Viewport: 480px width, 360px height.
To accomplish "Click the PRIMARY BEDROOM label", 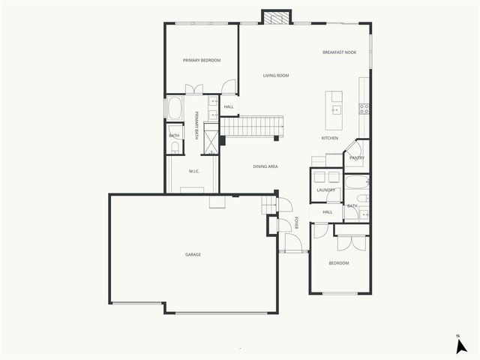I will (x=202, y=60).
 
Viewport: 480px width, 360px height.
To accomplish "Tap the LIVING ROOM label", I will (x=275, y=76).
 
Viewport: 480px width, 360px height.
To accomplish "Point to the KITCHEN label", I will (x=330, y=138).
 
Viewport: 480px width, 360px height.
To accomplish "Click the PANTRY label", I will (x=356, y=157).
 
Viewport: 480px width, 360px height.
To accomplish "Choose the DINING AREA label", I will (x=265, y=166).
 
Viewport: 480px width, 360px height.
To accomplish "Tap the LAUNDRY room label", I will (x=325, y=190).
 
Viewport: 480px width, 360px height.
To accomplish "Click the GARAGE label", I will (x=193, y=254).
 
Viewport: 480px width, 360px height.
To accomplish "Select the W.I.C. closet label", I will (x=193, y=170).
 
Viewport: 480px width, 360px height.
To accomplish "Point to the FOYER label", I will (x=296, y=223).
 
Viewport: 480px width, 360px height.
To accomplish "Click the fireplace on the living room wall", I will (x=275, y=17).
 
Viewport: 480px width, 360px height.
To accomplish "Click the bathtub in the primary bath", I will (x=174, y=107).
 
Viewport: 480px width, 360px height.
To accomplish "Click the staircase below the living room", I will (x=251, y=126).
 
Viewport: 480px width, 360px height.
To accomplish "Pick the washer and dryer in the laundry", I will (x=325, y=177).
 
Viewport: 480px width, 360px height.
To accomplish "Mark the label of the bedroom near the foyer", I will (x=339, y=263).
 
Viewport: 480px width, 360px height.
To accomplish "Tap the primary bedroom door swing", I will (x=229, y=86).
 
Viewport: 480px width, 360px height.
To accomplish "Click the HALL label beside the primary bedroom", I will (x=229, y=107).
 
